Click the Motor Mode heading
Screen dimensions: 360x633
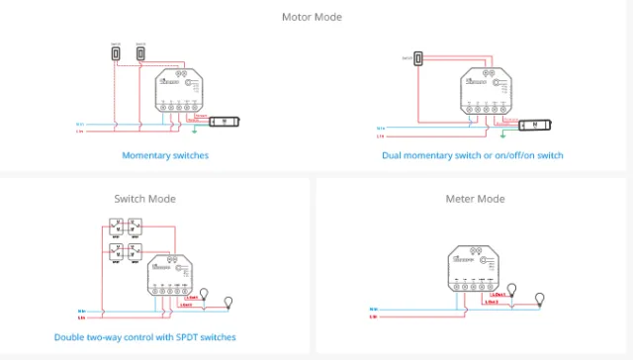[x=316, y=17]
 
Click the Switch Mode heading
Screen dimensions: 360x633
[x=144, y=199]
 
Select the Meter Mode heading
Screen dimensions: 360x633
[x=475, y=199]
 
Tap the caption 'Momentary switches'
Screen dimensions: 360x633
[x=165, y=155]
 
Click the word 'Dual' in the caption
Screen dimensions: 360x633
[x=394, y=155]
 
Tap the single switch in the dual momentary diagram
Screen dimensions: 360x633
[x=419, y=59]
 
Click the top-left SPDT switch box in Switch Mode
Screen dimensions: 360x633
[x=116, y=226]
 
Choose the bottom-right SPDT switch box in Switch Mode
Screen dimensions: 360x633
[x=136, y=252]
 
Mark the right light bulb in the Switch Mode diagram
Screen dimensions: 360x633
[x=230, y=301]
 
